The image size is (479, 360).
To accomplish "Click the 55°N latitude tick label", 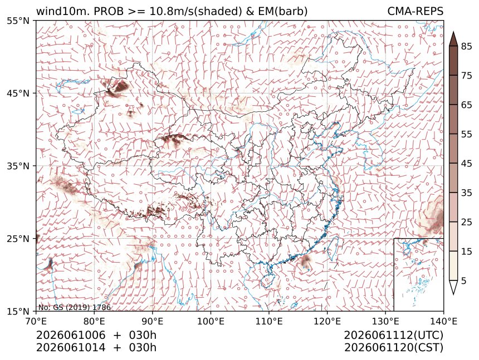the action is (x=18, y=21).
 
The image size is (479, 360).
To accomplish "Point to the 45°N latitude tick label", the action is (x=18, y=93).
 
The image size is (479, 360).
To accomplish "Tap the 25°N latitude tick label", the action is (x=18, y=239).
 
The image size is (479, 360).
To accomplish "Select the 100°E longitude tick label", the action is (x=211, y=321).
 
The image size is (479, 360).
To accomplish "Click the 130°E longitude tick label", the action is (x=385, y=321).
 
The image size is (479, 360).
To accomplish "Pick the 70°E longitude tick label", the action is (x=36, y=321).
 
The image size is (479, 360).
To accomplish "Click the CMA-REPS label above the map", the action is (x=415, y=11).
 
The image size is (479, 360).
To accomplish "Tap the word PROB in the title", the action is (x=109, y=11).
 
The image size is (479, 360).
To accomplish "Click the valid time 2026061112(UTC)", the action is (x=393, y=336).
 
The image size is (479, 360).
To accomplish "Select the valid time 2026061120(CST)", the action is (x=393, y=348).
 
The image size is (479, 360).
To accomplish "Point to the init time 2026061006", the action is (x=71, y=335).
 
